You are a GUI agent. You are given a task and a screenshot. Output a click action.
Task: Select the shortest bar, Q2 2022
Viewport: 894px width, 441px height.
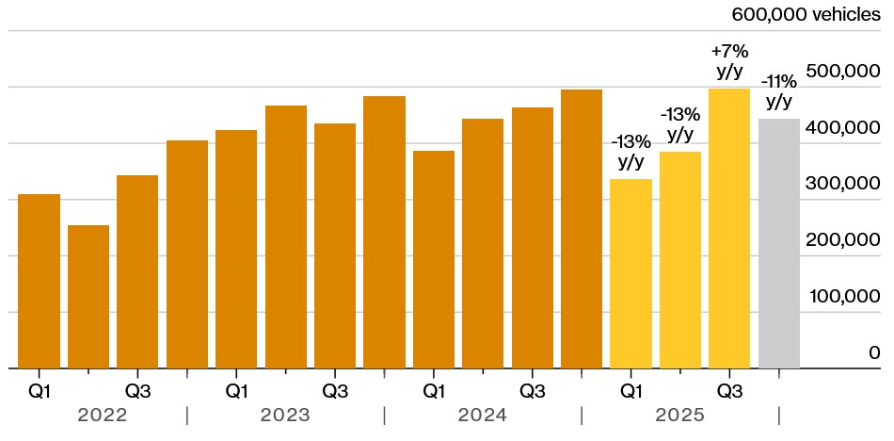[x=88, y=296]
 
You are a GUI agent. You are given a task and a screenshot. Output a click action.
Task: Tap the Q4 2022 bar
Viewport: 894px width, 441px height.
[x=187, y=253]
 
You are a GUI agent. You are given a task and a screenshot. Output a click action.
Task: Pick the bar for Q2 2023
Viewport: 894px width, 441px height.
[x=286, y=237]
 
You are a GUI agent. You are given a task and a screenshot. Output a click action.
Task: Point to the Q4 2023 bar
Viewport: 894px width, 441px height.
[x=384, y=232]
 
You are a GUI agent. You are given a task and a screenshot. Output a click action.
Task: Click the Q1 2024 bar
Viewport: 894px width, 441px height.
[x=434, y=259]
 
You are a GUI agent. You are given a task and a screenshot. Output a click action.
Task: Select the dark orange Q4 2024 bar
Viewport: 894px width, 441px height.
[x=582, y=229]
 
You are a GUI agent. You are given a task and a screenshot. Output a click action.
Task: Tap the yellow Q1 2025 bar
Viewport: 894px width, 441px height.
[x=631, y=273]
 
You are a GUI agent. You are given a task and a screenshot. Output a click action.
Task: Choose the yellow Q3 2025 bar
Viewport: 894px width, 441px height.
[x=729, y=228]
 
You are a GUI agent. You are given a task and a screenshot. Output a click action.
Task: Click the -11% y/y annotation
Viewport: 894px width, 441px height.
[x=779, y=90]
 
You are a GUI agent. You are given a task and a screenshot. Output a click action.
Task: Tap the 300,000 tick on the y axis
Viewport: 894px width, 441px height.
[x=844, y=183]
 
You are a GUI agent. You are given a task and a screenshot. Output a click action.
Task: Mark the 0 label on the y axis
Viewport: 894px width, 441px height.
[x=874, y=352]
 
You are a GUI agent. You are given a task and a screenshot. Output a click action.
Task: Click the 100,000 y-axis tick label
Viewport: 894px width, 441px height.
[x=844, y=296]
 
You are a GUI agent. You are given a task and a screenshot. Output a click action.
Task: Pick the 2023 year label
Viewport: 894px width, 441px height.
[x=286, y=416]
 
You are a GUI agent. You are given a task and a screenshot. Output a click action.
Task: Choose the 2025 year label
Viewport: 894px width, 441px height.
[x=680, y=416]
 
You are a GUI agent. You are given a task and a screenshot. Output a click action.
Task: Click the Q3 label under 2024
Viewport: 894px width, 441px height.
[x=532, y=389]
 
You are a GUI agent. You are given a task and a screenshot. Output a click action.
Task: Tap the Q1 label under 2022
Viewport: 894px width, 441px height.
[x=39, y=389]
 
